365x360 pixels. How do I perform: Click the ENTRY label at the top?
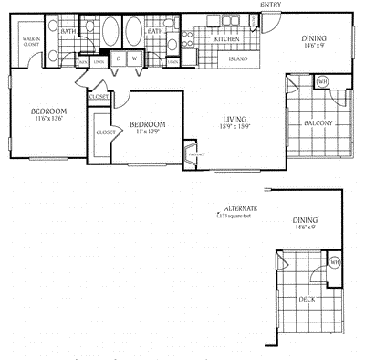tap(270, 5)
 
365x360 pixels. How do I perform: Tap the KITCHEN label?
tap(226, 40)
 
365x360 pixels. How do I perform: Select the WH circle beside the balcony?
tap(322, 82)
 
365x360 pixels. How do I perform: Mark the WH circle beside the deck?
tap(333, 264)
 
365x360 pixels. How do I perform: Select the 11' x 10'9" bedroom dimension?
tap(147, 133)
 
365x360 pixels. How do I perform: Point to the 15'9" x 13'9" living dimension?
tap(239, 127)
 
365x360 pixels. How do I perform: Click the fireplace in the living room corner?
tap(193, 153)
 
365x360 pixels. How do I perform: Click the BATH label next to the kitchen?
tap(155, 30)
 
